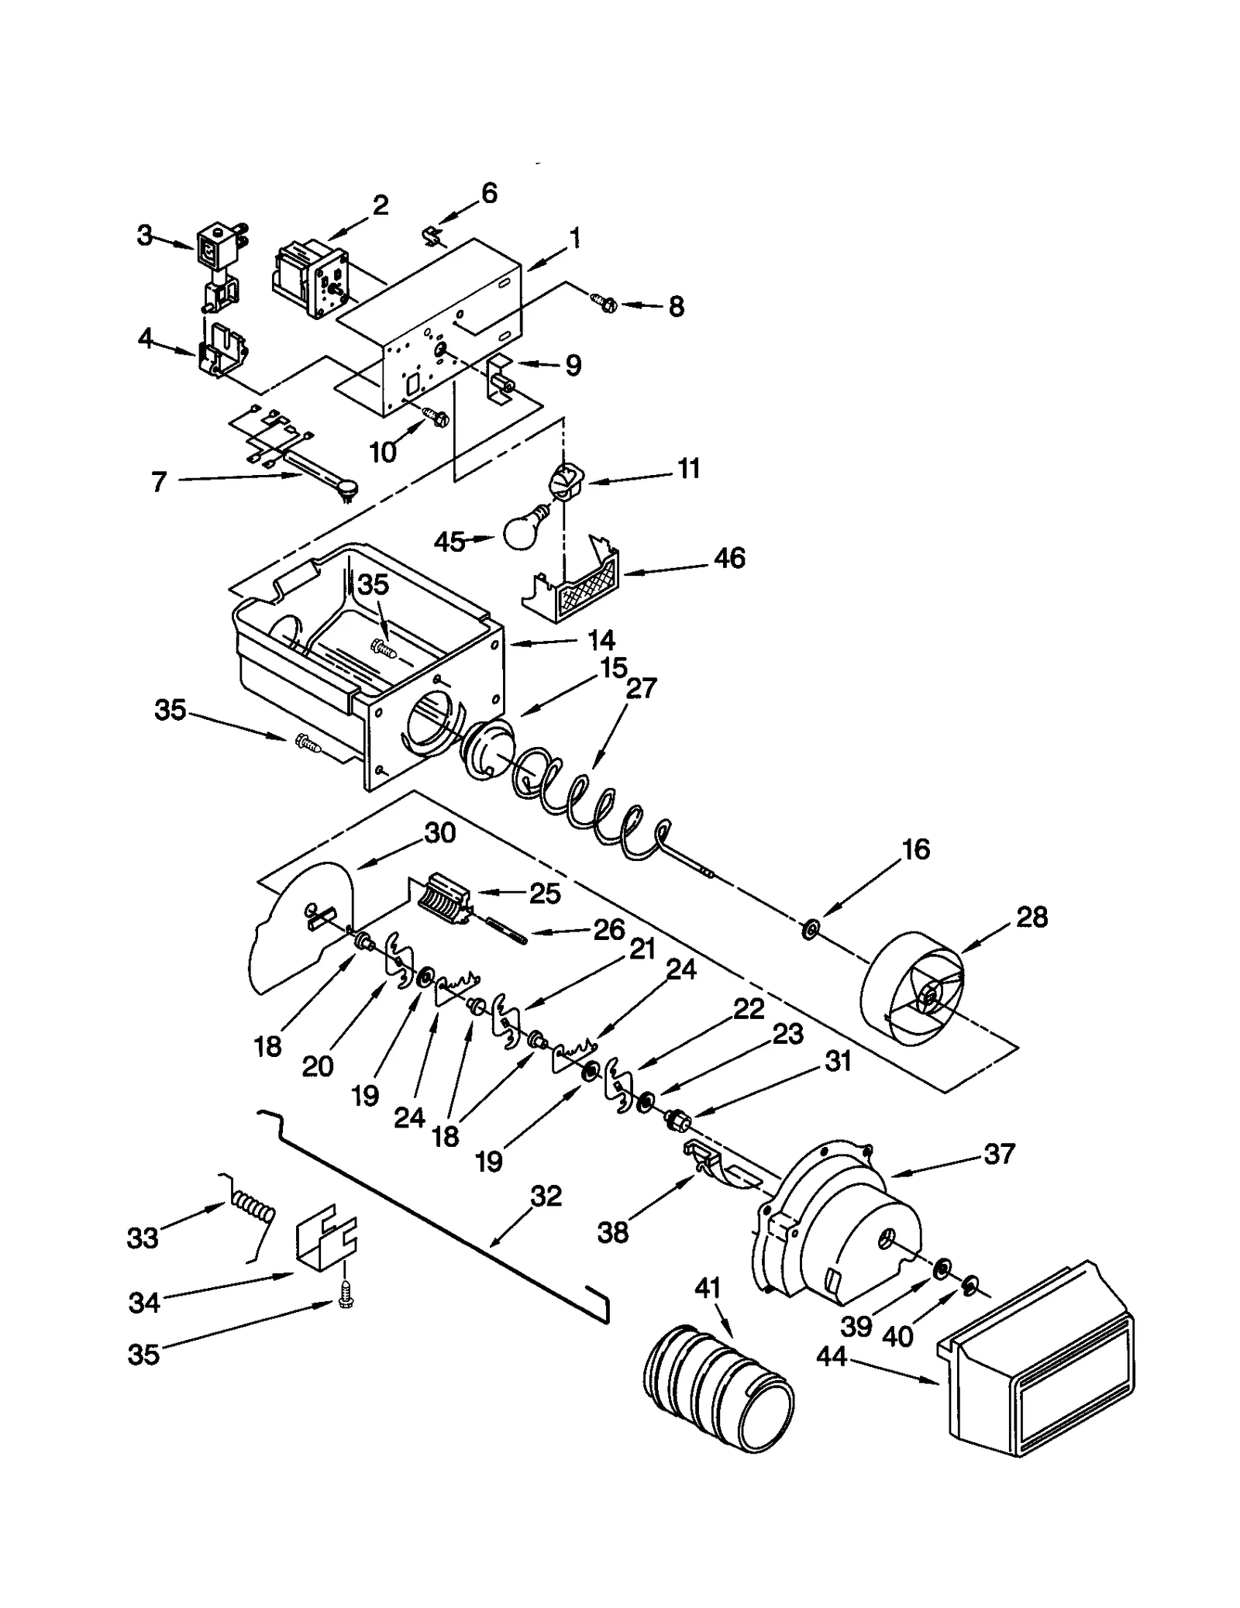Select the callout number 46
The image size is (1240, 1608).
point(728,558)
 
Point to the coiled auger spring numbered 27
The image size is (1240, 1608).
point(589,814)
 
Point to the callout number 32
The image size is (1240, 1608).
point(546,1196)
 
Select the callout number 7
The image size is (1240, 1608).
point(159,482)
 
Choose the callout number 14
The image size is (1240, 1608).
point(601,639)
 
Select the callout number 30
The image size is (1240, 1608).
point(439,833)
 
